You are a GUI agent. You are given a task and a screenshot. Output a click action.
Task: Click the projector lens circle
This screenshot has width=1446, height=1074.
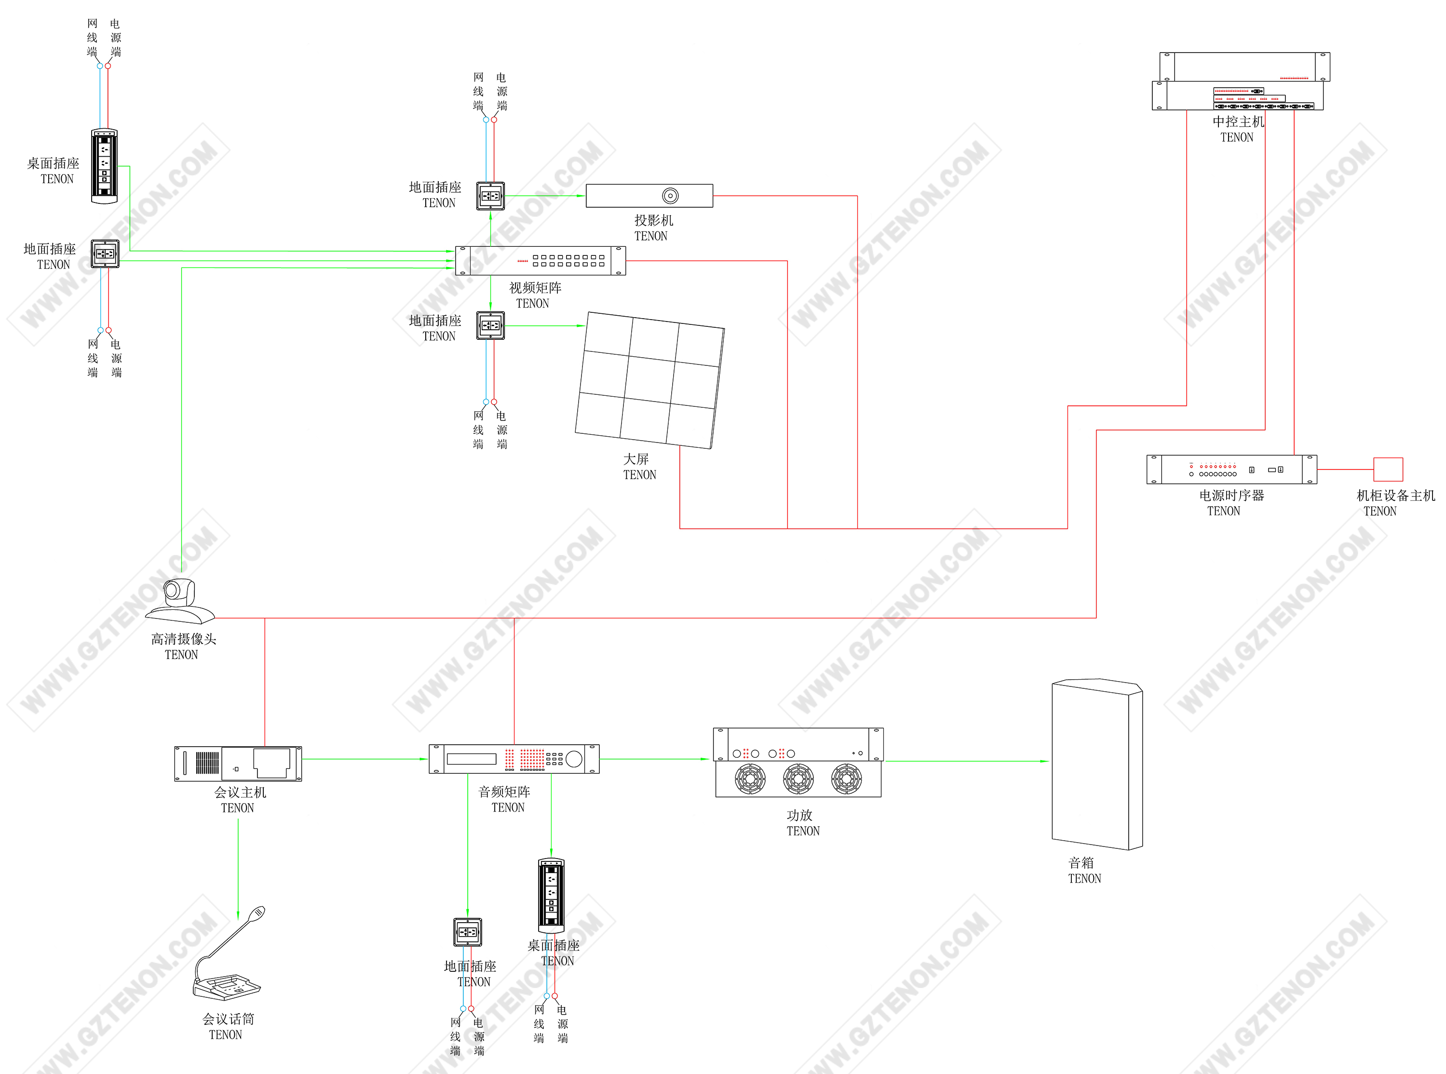tap(670, 196)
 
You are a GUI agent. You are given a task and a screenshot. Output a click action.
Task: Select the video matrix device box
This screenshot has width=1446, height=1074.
tap(541, 261)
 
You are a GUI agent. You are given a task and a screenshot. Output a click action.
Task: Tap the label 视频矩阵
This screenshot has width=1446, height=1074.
tap(535, 288)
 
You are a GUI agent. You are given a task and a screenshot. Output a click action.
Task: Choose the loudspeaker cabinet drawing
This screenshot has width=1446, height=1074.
tap(1096, 765)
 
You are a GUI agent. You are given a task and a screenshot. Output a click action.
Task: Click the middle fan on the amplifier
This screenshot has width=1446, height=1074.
tap(798, 779)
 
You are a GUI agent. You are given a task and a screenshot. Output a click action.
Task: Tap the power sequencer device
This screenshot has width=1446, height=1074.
tap(1231, 470)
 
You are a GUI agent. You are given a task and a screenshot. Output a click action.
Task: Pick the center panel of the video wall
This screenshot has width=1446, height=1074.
tap(649, 379)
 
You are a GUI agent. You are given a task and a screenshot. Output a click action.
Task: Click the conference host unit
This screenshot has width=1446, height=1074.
tap(238, 763)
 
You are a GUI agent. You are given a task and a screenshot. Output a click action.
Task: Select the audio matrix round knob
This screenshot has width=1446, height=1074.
tap(574, 759)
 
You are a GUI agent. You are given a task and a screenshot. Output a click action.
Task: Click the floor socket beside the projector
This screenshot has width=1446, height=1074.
tap(490, 196)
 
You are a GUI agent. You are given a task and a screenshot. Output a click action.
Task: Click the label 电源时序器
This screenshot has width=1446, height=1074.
tap(1231, 496)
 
